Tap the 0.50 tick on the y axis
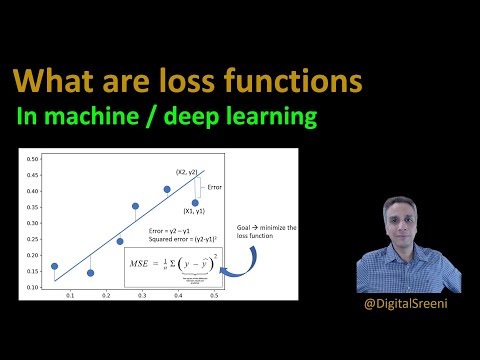pyautogui.click(x=32, y=159)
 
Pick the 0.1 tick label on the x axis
pyautogui.click(x=70, y=297)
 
